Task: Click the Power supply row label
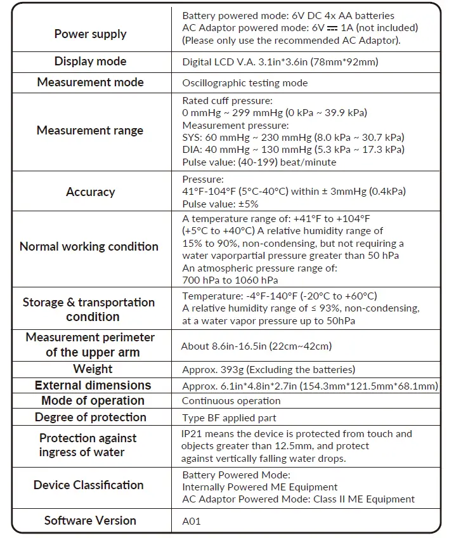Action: [x=90, y=34]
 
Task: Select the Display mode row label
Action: [x=90, y=62]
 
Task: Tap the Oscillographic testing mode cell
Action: [x=244, y=82]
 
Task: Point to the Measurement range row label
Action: [x=90, y=131]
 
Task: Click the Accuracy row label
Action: [x=90, y=192]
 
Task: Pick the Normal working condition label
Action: [x=89, y=247]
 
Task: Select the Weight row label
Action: [x=93, y=369]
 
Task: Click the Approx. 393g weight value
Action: [x=268, y=370]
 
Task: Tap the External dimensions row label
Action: [x=93, y=385]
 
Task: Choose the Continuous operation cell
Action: [x=231, y=401]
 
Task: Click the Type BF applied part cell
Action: [x=229, y=417]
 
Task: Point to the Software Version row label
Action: [x=90, y=520]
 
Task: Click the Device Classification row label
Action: [x=89, y=485]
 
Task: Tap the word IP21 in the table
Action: [x=192, y=434]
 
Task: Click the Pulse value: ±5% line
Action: [x=220, y=204]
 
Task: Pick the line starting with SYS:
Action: [x=293, y=138]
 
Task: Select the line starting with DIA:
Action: [x=293, y=150]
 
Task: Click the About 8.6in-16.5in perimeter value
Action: [x=257, y=346]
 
